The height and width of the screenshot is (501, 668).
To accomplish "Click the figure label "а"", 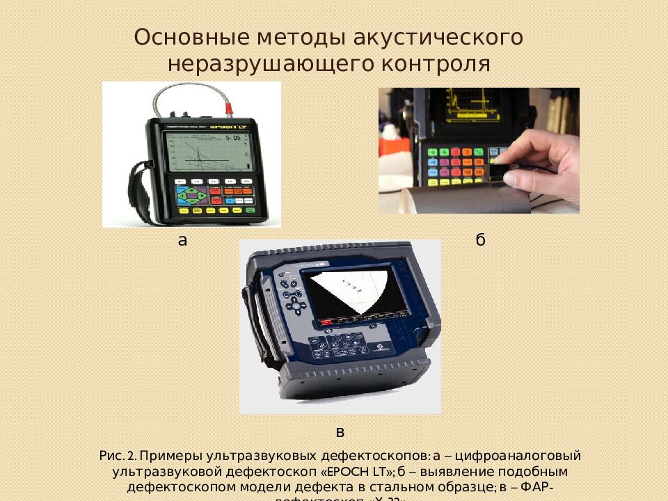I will (x=183, y=241).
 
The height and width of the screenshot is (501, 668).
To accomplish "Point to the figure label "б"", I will (x=480, y=241).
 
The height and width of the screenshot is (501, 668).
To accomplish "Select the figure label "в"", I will (x=340, y=432).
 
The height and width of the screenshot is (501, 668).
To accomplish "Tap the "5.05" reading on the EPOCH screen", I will (x=237, y=139).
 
